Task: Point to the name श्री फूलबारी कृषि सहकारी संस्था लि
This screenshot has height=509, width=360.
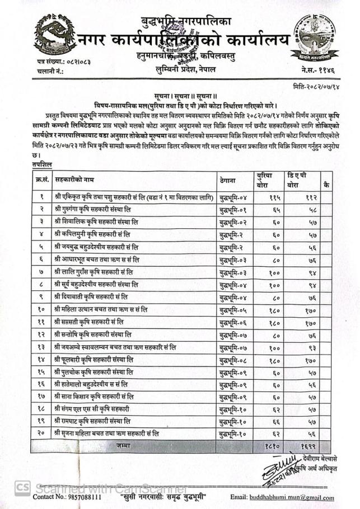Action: click(96, 358)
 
